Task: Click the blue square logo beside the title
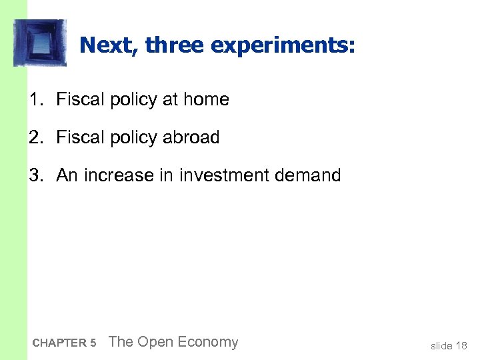40,43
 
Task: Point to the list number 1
35,100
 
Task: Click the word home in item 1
206,100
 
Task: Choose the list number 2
35,138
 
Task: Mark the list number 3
35,176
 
